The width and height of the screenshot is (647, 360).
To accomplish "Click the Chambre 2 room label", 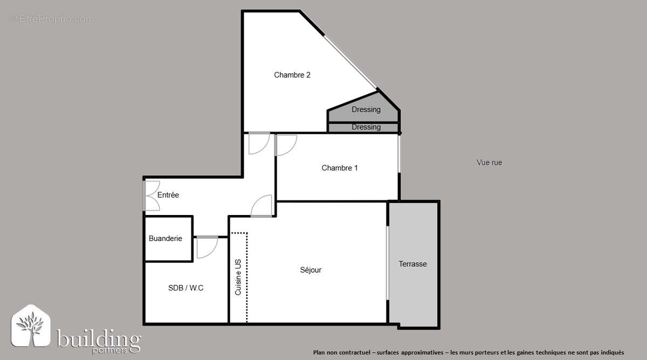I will pos(292,75).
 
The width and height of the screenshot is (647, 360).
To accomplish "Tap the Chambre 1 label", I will pos(340,168).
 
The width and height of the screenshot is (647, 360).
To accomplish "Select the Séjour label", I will pos(311,270).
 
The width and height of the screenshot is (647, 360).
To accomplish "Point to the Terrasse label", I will pos(412,264).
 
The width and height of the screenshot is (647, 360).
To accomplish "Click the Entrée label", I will pos(168,195).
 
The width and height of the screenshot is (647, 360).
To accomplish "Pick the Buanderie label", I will pos(166,238).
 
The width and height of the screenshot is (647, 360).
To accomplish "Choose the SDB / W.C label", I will pos(185,288).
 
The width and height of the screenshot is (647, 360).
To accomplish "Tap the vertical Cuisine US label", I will pos(238,277).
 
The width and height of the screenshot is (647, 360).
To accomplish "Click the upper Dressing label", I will pos(366,109).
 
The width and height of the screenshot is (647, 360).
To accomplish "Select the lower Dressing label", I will pos(366,127).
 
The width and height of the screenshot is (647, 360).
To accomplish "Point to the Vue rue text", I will pos(490,162).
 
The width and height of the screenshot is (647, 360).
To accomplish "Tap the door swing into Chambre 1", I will pos(285,145).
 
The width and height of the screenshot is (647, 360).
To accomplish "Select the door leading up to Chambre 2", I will pos(259,143).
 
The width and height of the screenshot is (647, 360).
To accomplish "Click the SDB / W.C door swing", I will pos(207,247).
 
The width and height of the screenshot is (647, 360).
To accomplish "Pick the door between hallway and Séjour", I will pos(263,206).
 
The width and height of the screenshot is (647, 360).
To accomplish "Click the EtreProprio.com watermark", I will pos(51,19).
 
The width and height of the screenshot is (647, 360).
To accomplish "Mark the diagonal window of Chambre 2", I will pos(350,61).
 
